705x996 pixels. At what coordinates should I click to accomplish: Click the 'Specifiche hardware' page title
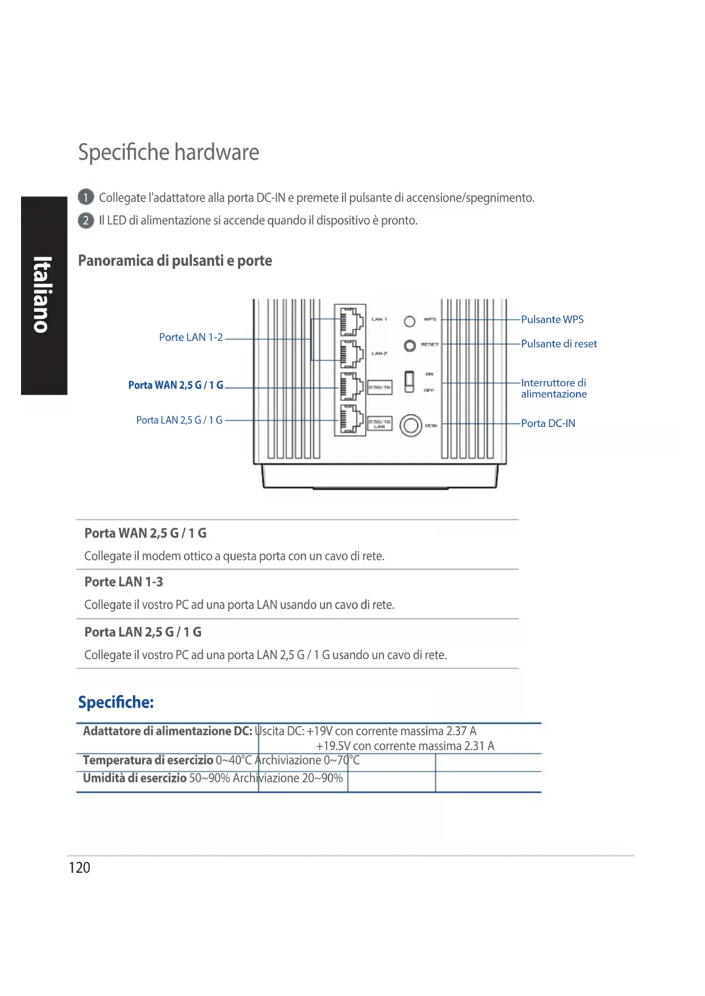coord(169,152)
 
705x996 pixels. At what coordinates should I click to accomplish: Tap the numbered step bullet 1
coord(85,198)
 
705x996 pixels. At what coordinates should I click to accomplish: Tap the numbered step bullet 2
coord(85,220)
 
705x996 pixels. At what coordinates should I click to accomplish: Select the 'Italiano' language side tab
coord(44,295)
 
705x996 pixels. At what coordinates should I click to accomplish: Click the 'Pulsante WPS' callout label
coord(552,320)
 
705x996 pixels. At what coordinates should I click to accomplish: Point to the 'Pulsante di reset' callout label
coord(559,344)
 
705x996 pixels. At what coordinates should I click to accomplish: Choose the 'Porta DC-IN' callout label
coord(548,423)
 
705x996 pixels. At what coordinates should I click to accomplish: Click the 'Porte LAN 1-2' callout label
coord(191,337)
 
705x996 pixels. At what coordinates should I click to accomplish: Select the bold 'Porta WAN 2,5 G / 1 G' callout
coord(176,385)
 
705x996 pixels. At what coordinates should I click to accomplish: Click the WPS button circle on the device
coord(410,321)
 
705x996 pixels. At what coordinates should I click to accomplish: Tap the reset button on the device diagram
coord(410,345)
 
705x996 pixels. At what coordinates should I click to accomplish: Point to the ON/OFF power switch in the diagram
coord(409,381)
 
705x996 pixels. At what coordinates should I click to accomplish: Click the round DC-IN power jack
coord(411,425)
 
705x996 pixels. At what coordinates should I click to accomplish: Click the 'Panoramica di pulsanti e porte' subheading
coord(175,261)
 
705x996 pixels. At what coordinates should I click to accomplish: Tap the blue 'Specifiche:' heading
coord(116,702)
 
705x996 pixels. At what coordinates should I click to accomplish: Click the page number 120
coord(80,868)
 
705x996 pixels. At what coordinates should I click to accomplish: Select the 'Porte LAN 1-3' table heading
coord(124,582)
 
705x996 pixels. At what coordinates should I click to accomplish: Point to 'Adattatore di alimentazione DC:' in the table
coord(168,731)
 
